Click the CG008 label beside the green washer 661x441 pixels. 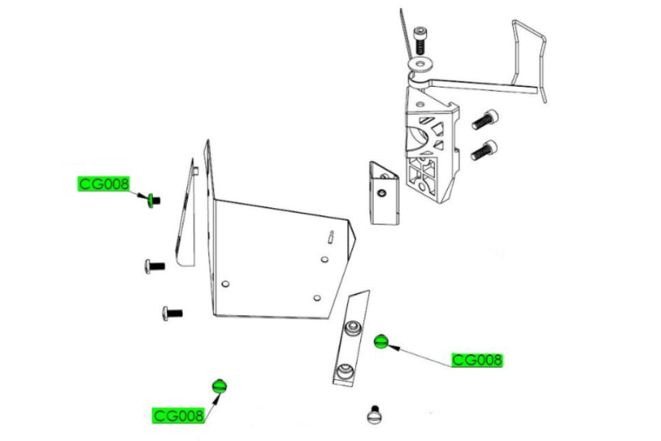103,184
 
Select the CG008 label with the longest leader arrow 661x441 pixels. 477,360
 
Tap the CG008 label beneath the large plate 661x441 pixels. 179,416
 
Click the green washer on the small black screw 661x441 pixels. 150,200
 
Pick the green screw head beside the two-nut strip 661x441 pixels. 381,341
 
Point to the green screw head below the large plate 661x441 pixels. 219,386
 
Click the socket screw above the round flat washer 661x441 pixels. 421,40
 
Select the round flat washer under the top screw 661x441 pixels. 421,65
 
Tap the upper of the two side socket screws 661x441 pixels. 485,119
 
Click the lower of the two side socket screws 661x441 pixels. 485,150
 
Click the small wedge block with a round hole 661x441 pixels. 384,193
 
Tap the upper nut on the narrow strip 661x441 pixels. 353,328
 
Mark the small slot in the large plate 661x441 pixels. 331,236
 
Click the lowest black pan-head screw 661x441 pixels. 172,313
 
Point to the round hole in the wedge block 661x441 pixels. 382,193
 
